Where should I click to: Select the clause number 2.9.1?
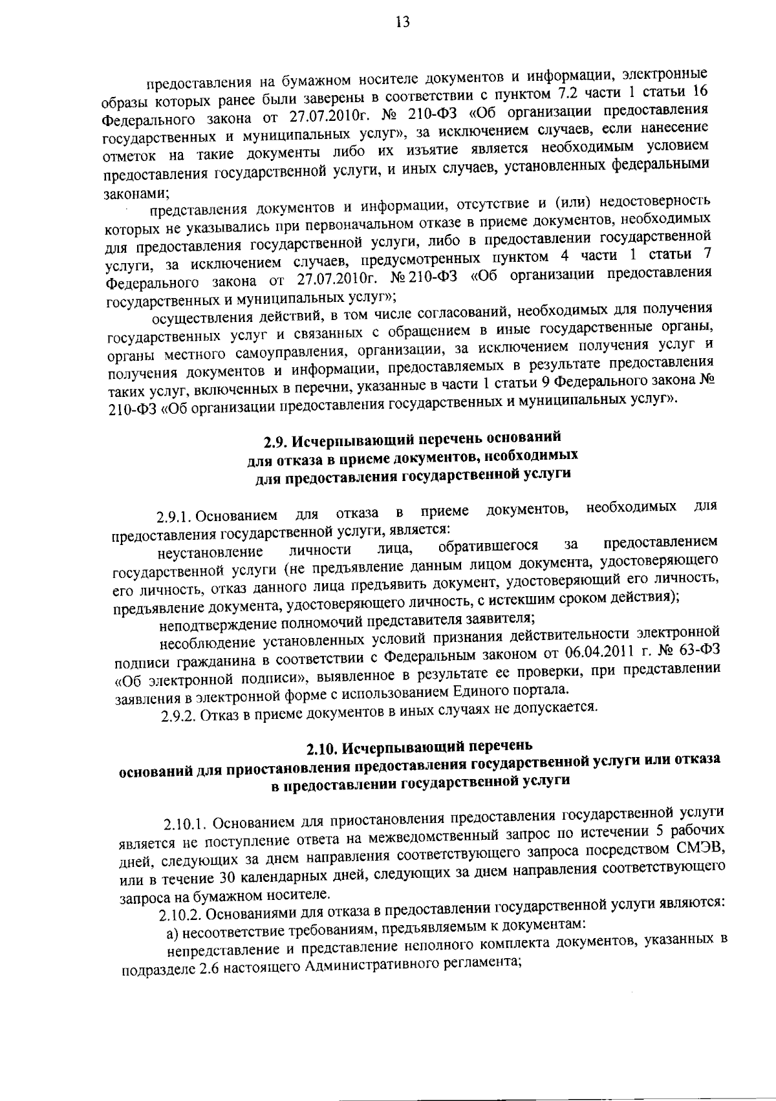tap(174, 518)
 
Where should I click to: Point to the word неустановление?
tap(210, 553)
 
